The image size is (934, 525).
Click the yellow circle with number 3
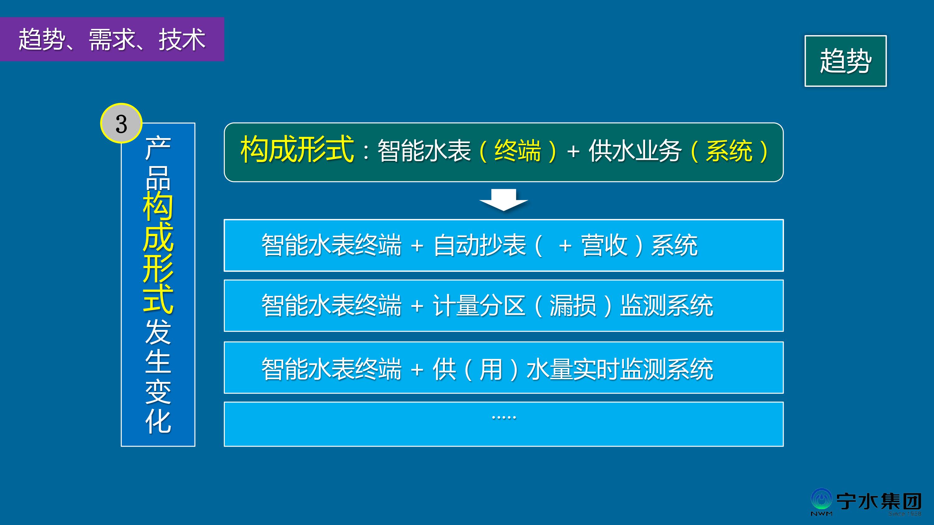tap(121, 123)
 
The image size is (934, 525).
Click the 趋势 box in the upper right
tap(846, 61)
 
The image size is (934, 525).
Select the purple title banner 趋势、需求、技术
tap(112, 39)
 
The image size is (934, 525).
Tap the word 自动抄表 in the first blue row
tap(479, 245)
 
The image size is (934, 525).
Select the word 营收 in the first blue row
tap(604, 245)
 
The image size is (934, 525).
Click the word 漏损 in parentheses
tap(573, 305)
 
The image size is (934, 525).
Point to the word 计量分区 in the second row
tap(479, 305)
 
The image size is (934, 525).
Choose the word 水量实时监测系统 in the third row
tap(620, 369)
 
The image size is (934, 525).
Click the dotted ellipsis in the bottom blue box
tap(504, 418)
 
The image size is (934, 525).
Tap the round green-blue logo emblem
tap(821, 499)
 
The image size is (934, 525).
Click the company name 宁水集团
tap(879, 501)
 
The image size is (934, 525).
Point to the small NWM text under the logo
tap(821, 514)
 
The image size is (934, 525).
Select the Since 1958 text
tap(905, 513)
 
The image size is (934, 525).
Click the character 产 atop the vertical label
tap(158, 148)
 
